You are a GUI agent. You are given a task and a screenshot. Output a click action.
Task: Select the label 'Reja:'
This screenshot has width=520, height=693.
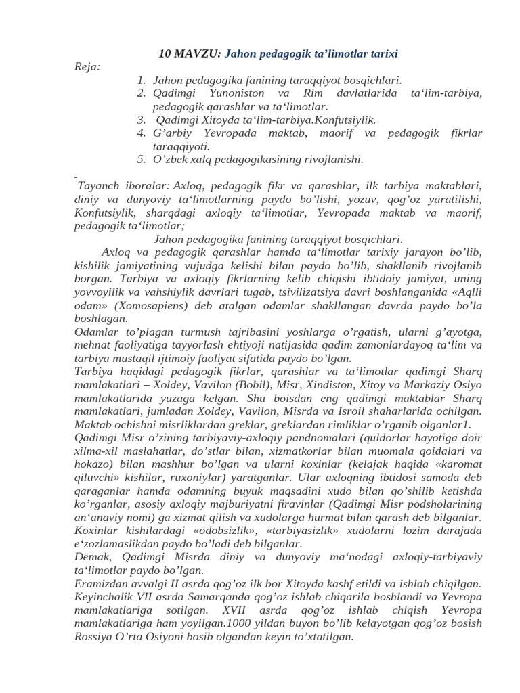tap(87, 66)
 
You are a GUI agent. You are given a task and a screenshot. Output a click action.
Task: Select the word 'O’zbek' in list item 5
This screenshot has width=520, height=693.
tap(171, 160)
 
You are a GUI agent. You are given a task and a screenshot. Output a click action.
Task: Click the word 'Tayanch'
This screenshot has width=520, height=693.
tap(100, 185)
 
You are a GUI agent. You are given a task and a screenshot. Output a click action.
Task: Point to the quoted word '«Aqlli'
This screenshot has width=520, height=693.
tap(464, 292)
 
